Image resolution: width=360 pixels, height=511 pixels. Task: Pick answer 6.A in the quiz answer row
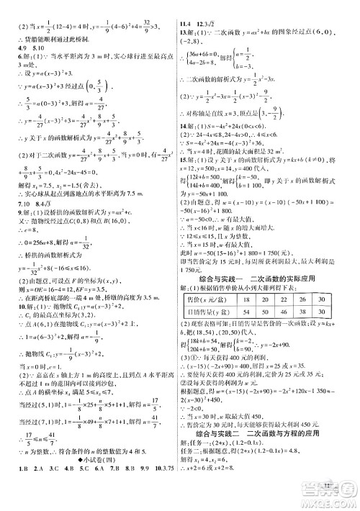(95, 494)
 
